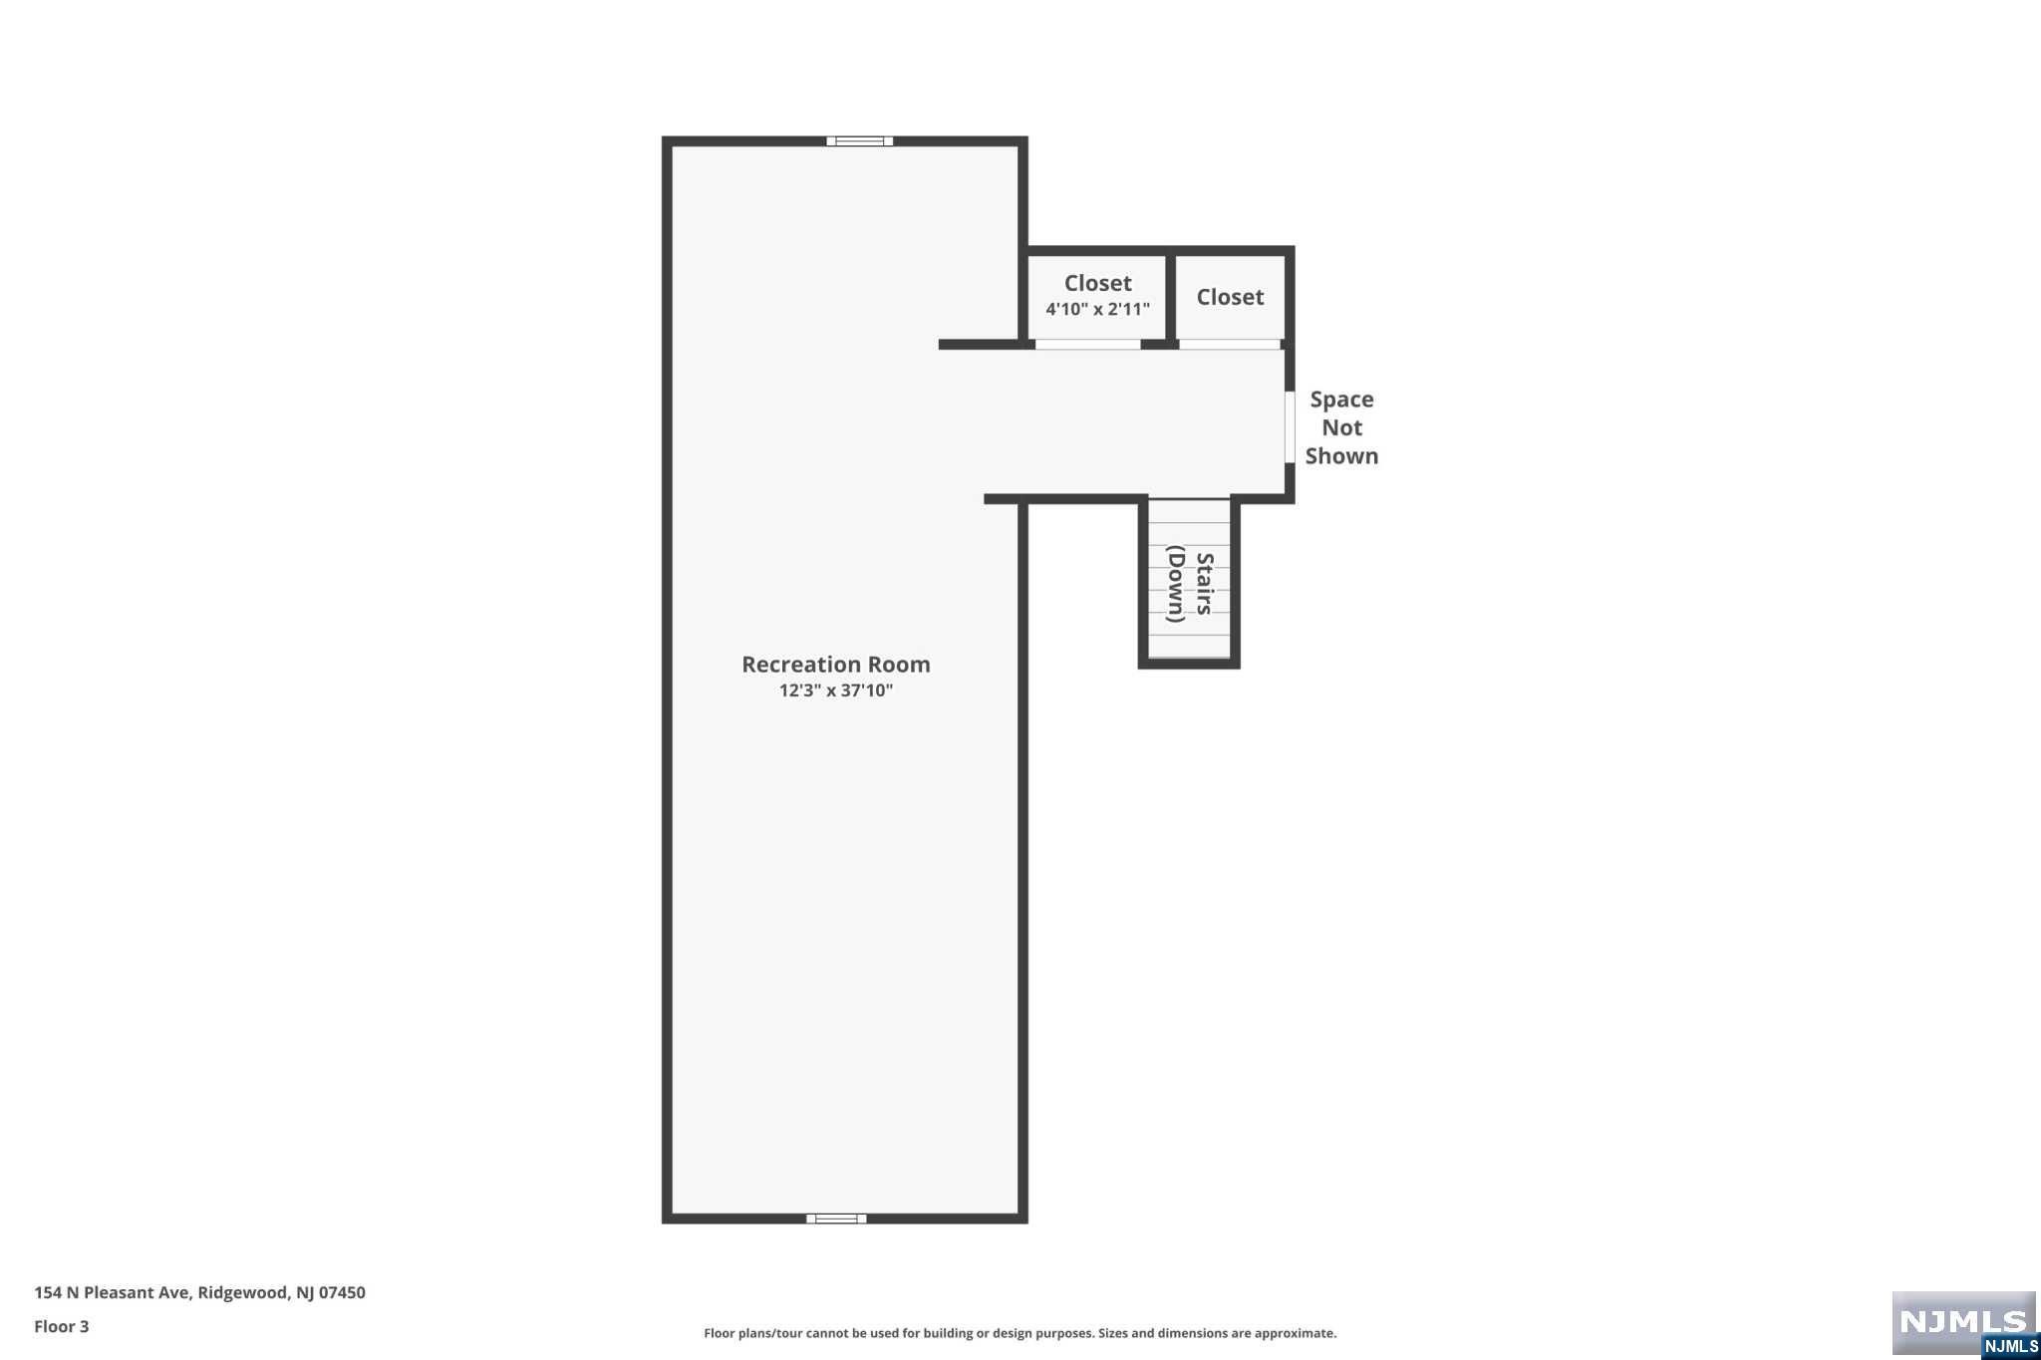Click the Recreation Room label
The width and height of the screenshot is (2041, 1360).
click(835, 665)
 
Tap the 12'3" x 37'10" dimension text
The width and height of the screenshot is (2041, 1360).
click(835, 690)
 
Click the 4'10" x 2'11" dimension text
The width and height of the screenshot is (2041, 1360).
click(1097, 310)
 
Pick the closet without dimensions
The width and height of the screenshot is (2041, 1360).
click(1230, 297)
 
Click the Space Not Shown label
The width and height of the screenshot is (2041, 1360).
click(1341, 427)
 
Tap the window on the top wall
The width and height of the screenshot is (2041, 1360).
click(859, 141)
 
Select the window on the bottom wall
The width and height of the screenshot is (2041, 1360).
click(836, 1218)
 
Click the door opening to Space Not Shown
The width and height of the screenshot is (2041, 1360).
click(1289, 427)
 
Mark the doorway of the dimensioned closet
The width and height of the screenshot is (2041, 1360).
click(1087, 345)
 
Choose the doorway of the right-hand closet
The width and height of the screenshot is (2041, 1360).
click(1230, 345)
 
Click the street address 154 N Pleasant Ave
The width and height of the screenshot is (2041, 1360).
click(112, 1292)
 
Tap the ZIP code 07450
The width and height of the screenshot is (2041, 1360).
click(342, 1292)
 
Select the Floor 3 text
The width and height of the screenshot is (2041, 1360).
click(62, 1326)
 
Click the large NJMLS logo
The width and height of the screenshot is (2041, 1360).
click(1962, 1321)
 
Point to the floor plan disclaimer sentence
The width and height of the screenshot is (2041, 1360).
click(1020, 1333)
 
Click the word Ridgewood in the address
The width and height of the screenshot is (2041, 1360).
click(242, 1292)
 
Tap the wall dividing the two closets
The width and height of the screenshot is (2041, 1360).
click(1171, 297)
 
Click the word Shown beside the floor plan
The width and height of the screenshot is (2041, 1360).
click(1341, 456)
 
